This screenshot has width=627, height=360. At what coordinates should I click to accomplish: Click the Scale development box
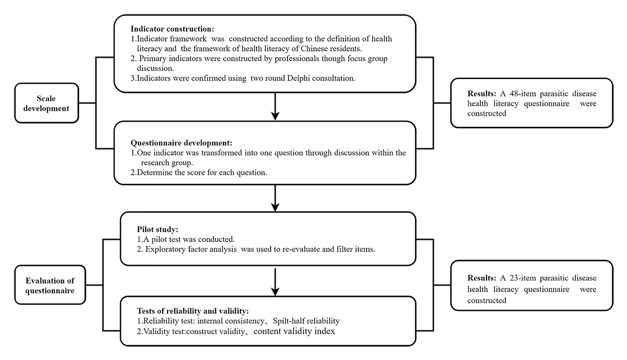pos(46,103)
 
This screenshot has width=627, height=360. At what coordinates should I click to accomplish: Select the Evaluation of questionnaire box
pos(50,285)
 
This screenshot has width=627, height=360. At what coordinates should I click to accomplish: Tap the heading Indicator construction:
pos(172,29)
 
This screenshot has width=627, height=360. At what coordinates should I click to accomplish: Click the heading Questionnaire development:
pos(181,143)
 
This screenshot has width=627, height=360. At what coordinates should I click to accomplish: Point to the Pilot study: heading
pos(158,230)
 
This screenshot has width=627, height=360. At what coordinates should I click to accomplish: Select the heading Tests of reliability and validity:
pos(193,311)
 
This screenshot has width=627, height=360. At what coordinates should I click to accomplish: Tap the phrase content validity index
pos(294,331)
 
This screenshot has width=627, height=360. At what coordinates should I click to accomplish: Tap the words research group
pos(167,162)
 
